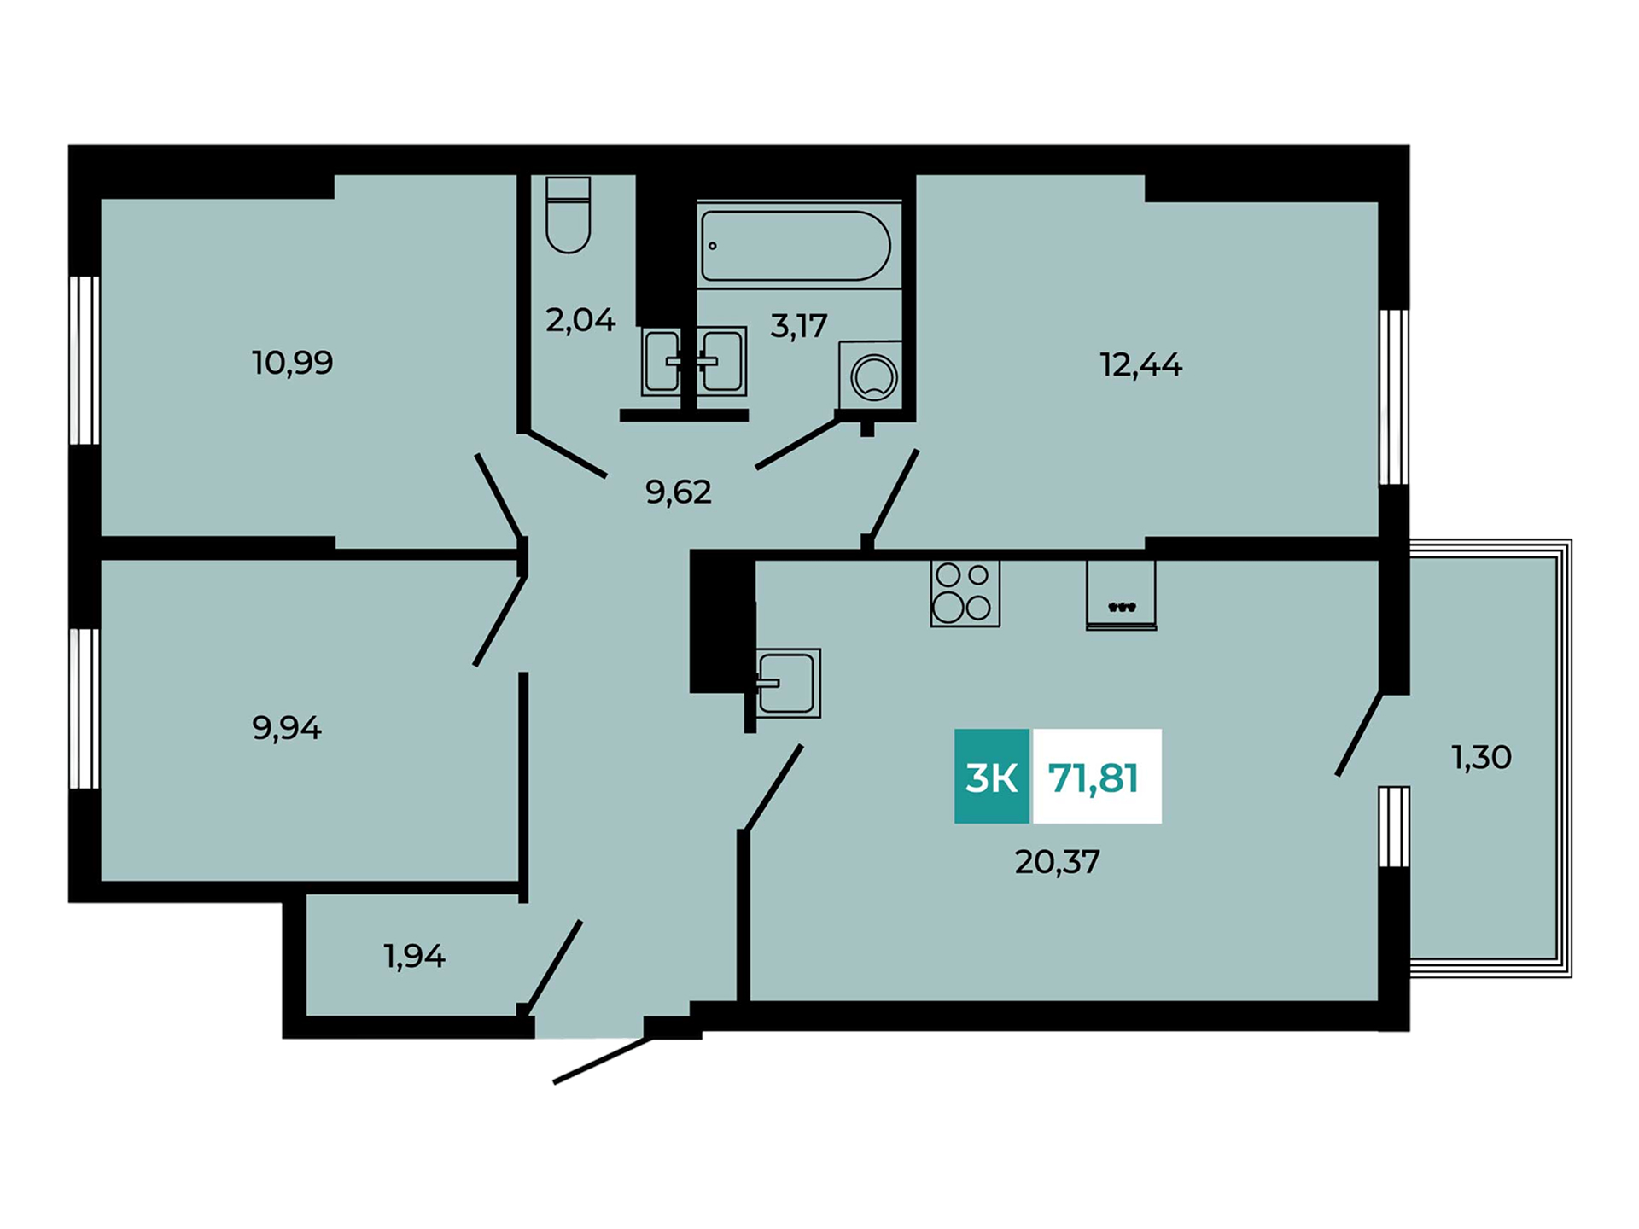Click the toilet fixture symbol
tap(568, 214)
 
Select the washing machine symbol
tap(870, 374)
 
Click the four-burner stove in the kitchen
tap(965, 593)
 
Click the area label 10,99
tap(293, 363)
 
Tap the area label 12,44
tap(1140, 365)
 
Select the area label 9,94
tap(287, 728)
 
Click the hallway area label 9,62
tap(679, 492)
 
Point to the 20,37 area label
tap(1057, 862)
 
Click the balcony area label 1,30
tap(1481, 757)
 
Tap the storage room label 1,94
tap(414, 957)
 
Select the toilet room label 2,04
tap(580, 320)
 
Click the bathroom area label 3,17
tap(799, 325)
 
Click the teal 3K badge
tap(992, 776)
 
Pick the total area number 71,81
tap(1094, 778)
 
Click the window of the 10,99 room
tap(85, 359)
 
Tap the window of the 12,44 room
tap(1394, 397)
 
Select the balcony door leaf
tap(1359, 734)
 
